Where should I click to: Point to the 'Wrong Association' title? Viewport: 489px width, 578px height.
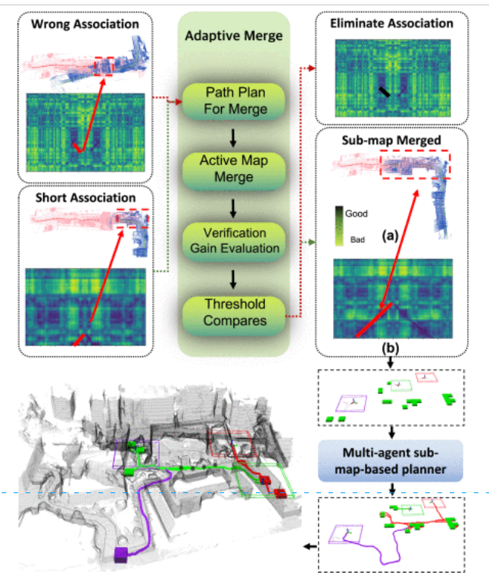[83, 23]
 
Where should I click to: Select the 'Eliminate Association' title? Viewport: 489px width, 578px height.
[392, 23]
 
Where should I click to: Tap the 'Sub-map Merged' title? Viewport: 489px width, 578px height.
[392, 141]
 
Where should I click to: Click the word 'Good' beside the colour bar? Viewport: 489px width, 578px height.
[357, 214]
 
